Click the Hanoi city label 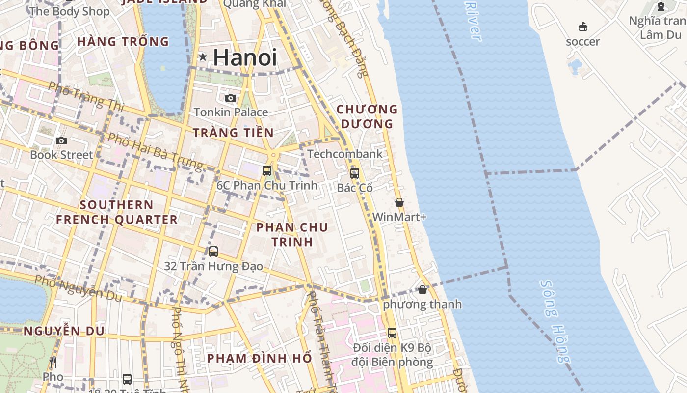click(x=245, y=58)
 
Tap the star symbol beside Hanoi click(x=202, y=57)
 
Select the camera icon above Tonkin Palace click(x=230, y=98)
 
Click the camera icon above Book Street click(x=61, y=140)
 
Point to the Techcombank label click(x=345, y=154)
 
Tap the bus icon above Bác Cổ click(x=355, y=173)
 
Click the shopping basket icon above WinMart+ click(x=399, y=202)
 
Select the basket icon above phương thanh click(x=423, y=290)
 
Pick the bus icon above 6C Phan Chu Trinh click(x=267, y=171)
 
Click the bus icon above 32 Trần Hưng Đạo click(x=213, y=252)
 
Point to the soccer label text click(x=583, y=41)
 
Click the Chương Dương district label click(x=367, y=116)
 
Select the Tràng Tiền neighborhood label click(x=233, y=133)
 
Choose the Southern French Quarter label click(x=117, y=212)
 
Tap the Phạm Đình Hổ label click(x=260, y=358)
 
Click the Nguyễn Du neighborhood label click(x=64, y=331)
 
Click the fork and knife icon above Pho click(x=53, y=363)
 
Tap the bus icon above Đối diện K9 click(x=392, y=333)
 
